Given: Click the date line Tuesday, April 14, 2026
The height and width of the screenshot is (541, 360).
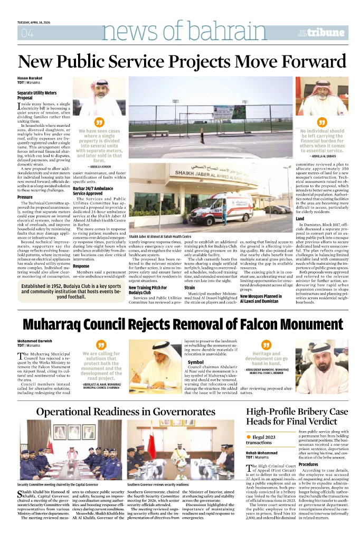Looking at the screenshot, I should [36, 22].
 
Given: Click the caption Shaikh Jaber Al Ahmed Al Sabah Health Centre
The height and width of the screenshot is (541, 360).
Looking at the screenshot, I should [160, 236].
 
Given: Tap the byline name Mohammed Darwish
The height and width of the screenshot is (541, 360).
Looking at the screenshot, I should [35, 341].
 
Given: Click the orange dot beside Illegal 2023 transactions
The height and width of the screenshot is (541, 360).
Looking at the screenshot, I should [249, 437].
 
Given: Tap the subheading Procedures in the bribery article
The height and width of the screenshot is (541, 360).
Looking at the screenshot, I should [308, 464].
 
